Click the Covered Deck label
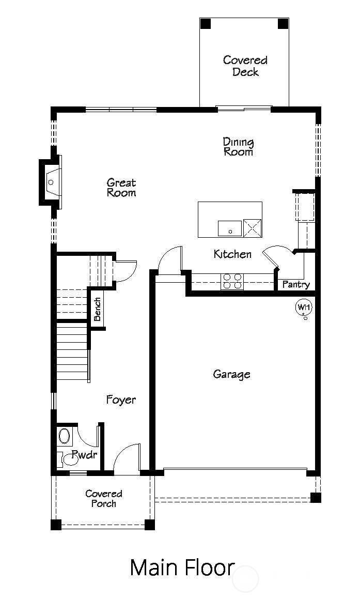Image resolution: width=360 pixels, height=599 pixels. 245,66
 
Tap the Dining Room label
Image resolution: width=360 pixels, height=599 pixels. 238,147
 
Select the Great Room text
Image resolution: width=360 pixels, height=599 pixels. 121,188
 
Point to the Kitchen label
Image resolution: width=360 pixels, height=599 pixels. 232,254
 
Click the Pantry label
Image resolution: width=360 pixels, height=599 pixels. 295,285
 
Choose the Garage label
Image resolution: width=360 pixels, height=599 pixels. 231,374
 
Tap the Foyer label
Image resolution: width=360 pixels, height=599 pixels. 121,400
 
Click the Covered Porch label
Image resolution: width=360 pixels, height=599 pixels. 104,499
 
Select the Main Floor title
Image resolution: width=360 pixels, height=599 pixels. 182,567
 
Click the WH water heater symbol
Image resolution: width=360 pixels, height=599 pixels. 304,308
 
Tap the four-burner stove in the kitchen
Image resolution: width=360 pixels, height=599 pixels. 232,281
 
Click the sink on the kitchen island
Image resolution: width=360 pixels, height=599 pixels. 230,228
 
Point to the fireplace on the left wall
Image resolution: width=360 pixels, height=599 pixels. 51,182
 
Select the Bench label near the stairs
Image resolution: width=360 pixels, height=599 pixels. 97,309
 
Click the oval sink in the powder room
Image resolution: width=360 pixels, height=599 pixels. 65,436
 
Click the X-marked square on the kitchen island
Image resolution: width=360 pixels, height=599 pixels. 253,227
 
